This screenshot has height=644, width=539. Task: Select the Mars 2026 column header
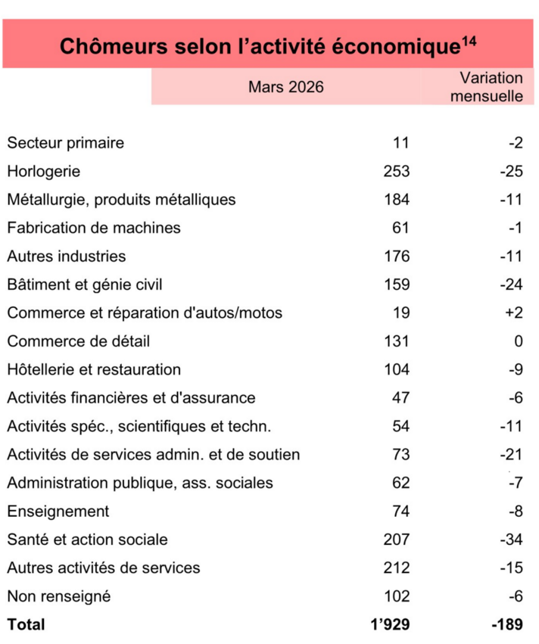click(285, 87)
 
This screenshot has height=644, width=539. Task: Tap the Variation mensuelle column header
click(491, 87)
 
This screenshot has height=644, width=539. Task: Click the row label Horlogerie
click(43, 171)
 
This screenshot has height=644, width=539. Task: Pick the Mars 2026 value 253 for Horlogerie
click(397, 171)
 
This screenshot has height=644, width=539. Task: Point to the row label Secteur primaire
click(65, 143)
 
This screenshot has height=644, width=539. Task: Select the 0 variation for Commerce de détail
click(519, 341)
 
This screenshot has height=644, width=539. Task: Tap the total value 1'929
click(391, 624)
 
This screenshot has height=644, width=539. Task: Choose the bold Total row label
click(26, 624)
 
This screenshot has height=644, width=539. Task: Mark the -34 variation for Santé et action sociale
click(511, 540)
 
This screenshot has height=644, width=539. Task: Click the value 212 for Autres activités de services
click(397, 568)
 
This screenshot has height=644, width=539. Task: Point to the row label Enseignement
click(58, 512)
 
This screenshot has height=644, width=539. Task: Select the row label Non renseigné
click(59, 596)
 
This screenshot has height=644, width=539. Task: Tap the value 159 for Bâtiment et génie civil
click(397, 285)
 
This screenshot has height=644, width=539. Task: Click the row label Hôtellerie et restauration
click(94, 369)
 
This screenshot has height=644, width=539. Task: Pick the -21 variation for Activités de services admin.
click(511, 455)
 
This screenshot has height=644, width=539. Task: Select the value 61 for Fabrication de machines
click(401, 228)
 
